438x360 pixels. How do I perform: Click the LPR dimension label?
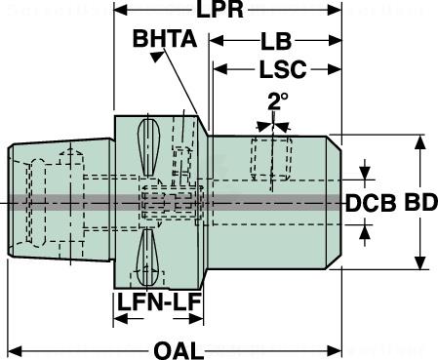click(x=220, y=10)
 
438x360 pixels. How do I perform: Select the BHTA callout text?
click(x=165, y=39)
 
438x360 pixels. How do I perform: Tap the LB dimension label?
click(x=276, y=41)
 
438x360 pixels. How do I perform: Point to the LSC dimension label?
click(x=283, y=69)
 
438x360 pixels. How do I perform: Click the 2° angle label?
click(x=278, y=101)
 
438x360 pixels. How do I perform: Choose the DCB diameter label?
click(x=371, y=204)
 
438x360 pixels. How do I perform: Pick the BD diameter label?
click(x=419, y=202)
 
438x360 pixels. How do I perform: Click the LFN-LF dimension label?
click(x=159, y=301)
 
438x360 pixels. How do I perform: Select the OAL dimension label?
click(x=179, y=351)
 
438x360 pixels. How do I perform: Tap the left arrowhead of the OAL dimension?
click(x=15, y=351)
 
